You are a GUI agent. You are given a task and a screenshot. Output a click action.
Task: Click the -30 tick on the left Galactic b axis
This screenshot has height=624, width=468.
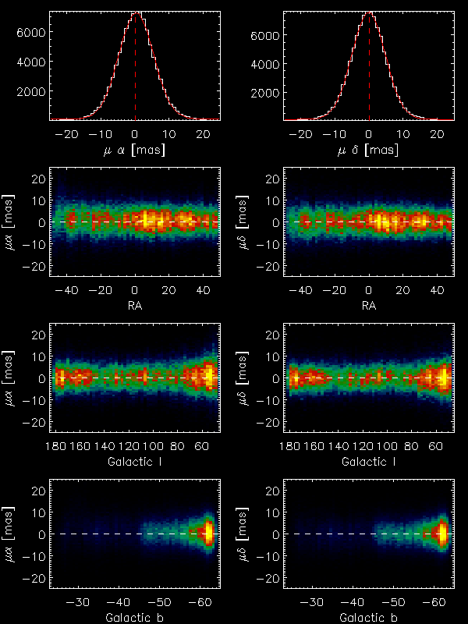coord(78,602)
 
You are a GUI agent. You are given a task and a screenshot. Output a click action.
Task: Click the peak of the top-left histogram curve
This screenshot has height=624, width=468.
coord(136,13)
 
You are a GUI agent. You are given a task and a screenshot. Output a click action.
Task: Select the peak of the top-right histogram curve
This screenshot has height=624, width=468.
coord(369,13)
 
